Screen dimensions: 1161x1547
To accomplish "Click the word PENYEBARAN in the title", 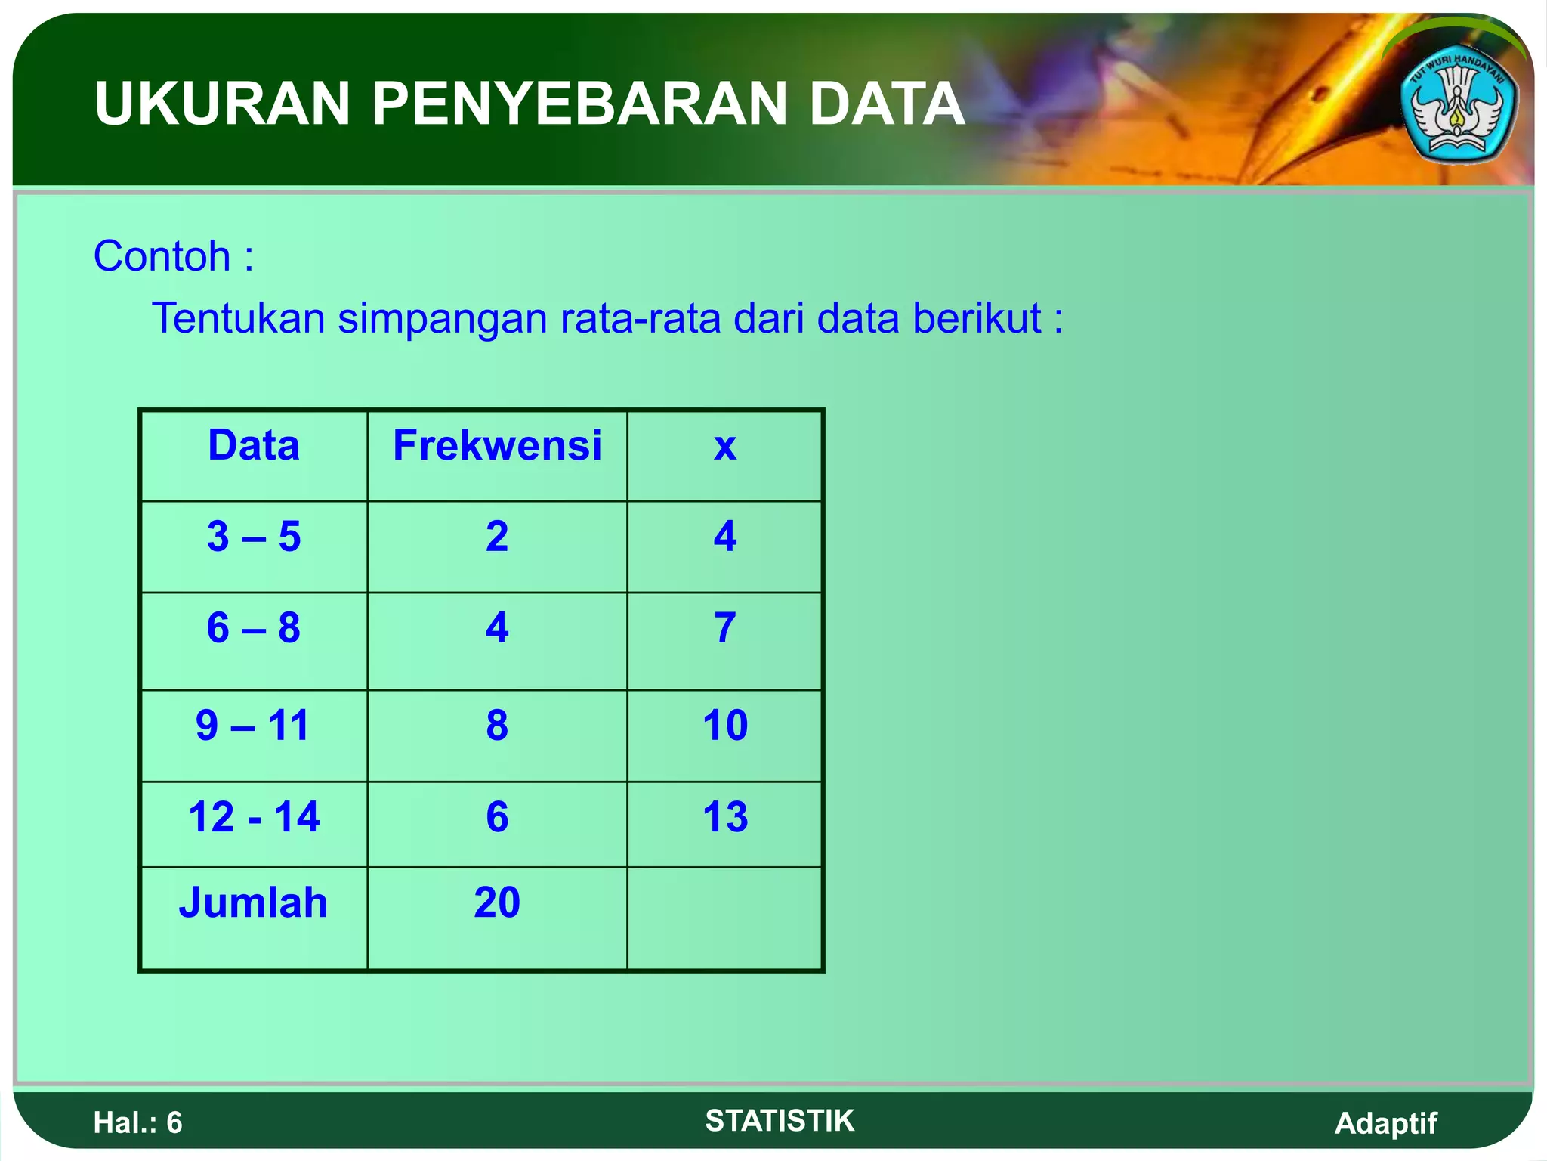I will pyautogui.click(x=582, y=104).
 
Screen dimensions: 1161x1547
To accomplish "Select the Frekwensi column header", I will pyautogui.click(x=497, y=445).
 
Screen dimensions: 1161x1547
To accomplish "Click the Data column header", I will pyautogui.click(x=254, y=445).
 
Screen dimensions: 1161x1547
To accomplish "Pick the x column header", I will pyautogui.click(x=724, y=447).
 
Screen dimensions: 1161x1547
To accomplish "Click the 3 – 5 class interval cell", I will pyautogui.click(x=254, y=537).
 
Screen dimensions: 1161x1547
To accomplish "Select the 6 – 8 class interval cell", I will pyautogui.click(x=254, y=628).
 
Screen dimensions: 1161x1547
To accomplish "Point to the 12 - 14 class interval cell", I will pyautogui.click(x=254, y=817).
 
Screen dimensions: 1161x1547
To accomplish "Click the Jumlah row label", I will pyautogui.click(x=253, y=902).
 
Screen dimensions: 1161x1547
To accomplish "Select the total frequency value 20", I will pyautogui.click(x=497, y=902).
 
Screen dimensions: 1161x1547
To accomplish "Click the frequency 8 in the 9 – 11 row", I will pyautogui.click(x=497, y=726).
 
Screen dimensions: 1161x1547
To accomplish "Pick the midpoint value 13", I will pyautogui.click(x=725, y=817).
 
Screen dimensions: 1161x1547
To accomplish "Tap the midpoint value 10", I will pyautogui.click(x=725, y=726).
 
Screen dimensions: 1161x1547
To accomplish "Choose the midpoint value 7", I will pyautogui.click(x=725, y=628).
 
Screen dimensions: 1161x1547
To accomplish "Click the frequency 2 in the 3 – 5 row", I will pyautogui.click(x=497, y=537).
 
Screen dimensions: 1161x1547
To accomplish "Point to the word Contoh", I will pyautogui.click(x=162, y=256).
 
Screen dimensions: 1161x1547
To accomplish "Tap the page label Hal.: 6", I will pyautogui.click(x=138, y=1123).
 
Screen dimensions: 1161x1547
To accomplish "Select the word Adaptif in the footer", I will pyautogui.click(x=1385, y=1123).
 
